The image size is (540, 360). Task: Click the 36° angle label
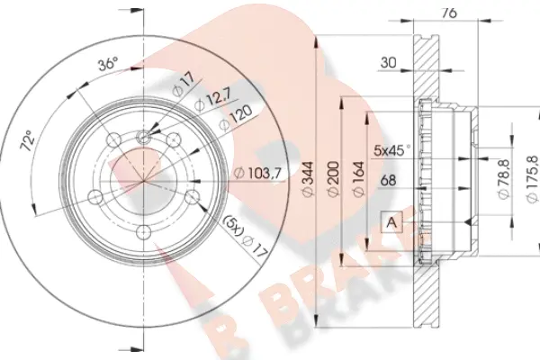click(108, 64)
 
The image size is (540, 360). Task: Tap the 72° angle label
click(29, 141)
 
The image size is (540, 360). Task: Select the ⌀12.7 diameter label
click(214, 100)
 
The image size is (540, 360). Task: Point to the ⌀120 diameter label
click(236, 117)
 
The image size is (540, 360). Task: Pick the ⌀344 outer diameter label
click(309, 179)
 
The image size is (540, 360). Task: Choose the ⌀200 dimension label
click(333, 179)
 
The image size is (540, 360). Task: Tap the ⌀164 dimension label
click(358, 179)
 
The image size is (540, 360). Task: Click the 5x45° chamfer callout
click(391, 150)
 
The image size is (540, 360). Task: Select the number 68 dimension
click(388, 181)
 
